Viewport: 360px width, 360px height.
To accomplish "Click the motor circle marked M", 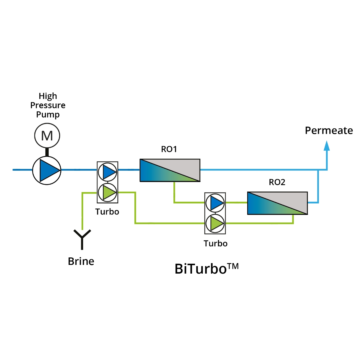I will (x=47, y=136).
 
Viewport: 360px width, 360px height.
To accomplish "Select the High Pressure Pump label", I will (x=48, y=105).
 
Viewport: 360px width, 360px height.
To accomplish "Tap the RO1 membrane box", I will (x=170, y=170).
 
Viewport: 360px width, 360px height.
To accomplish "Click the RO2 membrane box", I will (x=277, y=203).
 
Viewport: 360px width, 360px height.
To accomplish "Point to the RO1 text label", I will (x=169, y=149).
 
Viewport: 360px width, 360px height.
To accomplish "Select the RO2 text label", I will (x=277, y=182).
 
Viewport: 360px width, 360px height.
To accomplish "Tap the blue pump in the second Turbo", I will (x=215, y=203).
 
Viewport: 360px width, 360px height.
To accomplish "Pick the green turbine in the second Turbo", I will (x=215, y=223).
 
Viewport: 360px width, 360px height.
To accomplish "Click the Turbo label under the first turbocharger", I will (x=107, y=212).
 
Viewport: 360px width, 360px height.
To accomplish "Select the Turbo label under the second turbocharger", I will (x=215, y=243).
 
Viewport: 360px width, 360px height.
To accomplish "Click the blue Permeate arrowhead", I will (x=327, y=146).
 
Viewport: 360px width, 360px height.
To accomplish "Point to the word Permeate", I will (x=329, y=130).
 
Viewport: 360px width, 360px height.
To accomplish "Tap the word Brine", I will (x=81, y=261).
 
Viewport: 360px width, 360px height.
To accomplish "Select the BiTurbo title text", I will (x=201, y=269).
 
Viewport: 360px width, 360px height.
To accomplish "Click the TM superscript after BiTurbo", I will (x=233, y=266).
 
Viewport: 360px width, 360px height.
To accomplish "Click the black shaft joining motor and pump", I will (x=47, y=152).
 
